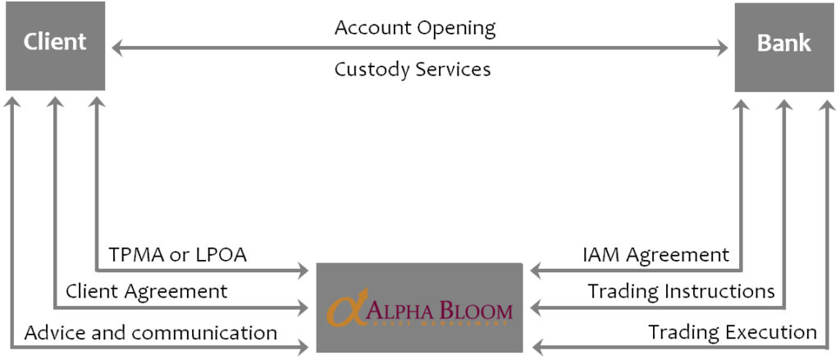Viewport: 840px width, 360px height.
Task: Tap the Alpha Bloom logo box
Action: click(x=419, y=308)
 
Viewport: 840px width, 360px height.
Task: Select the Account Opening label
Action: click(x=415, y=28)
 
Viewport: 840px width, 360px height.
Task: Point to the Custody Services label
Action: click(x=413, y=70)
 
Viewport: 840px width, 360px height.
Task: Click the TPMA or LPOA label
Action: click(x=178, y=255)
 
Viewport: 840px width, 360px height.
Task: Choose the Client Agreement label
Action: click(x=146, y=291)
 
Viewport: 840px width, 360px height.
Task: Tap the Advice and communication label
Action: click(x=151, y=333)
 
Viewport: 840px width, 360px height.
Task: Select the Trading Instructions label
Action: click(x=681, y=291)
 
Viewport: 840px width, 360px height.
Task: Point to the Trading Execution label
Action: click(x=732, y=333)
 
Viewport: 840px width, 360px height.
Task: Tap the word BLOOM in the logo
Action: click(x=476, y=312)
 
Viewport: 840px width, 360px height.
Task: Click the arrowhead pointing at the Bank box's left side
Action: click(x=722, y=49)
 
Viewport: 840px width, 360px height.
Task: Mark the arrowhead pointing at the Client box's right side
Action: click(x=117, y=49)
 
